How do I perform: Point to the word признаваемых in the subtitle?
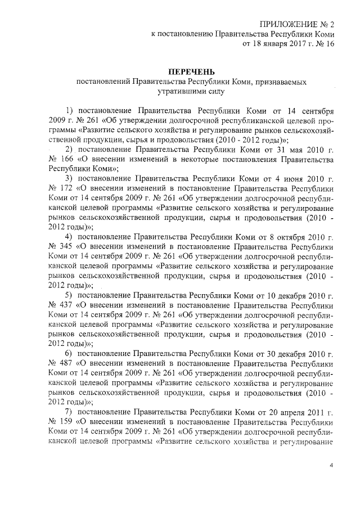click(x=278, y=82)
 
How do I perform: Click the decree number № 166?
click(x=62, y=159)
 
